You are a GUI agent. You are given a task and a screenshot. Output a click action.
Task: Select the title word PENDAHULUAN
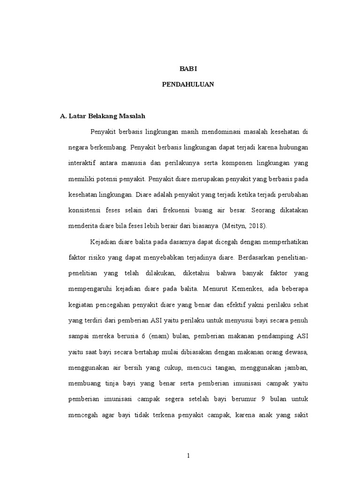(188, 85)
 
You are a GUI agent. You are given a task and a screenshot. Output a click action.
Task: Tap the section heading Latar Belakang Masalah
(108, 116)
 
